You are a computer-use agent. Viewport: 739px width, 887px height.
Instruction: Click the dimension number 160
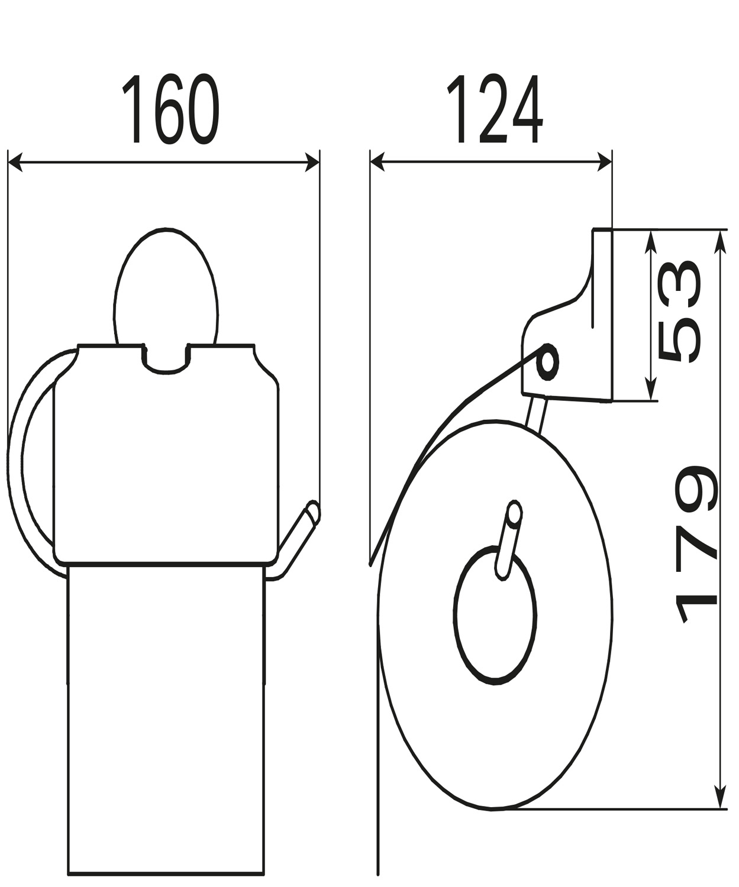coord(171,109)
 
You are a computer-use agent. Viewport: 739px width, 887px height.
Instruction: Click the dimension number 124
coord(495,109)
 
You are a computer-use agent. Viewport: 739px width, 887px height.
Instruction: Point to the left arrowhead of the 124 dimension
coord(377,162)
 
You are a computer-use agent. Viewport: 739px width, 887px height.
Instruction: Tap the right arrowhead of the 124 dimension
coord(604,162)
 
